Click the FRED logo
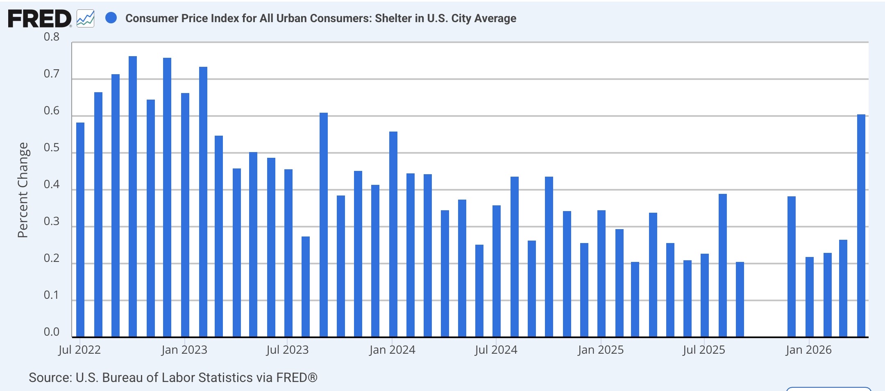coord(40,19)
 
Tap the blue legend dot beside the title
coord(111,18)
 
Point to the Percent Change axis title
coord(23,190)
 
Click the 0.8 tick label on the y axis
coord(52,37)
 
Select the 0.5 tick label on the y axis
coord(52,148)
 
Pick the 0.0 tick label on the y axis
coord(52,332)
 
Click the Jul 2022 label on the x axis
coord(79,350)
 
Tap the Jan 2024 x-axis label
coord(392,350)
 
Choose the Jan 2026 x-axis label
coord(809,350)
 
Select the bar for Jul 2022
coord(80,230)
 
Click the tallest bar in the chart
coord(133,197)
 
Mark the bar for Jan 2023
coord(185,215)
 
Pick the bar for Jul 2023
coord(288,253)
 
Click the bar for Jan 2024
coord(393,234)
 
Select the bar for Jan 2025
coord(601,274)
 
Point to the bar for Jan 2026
coord(810,297)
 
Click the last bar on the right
coord(861,226)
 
